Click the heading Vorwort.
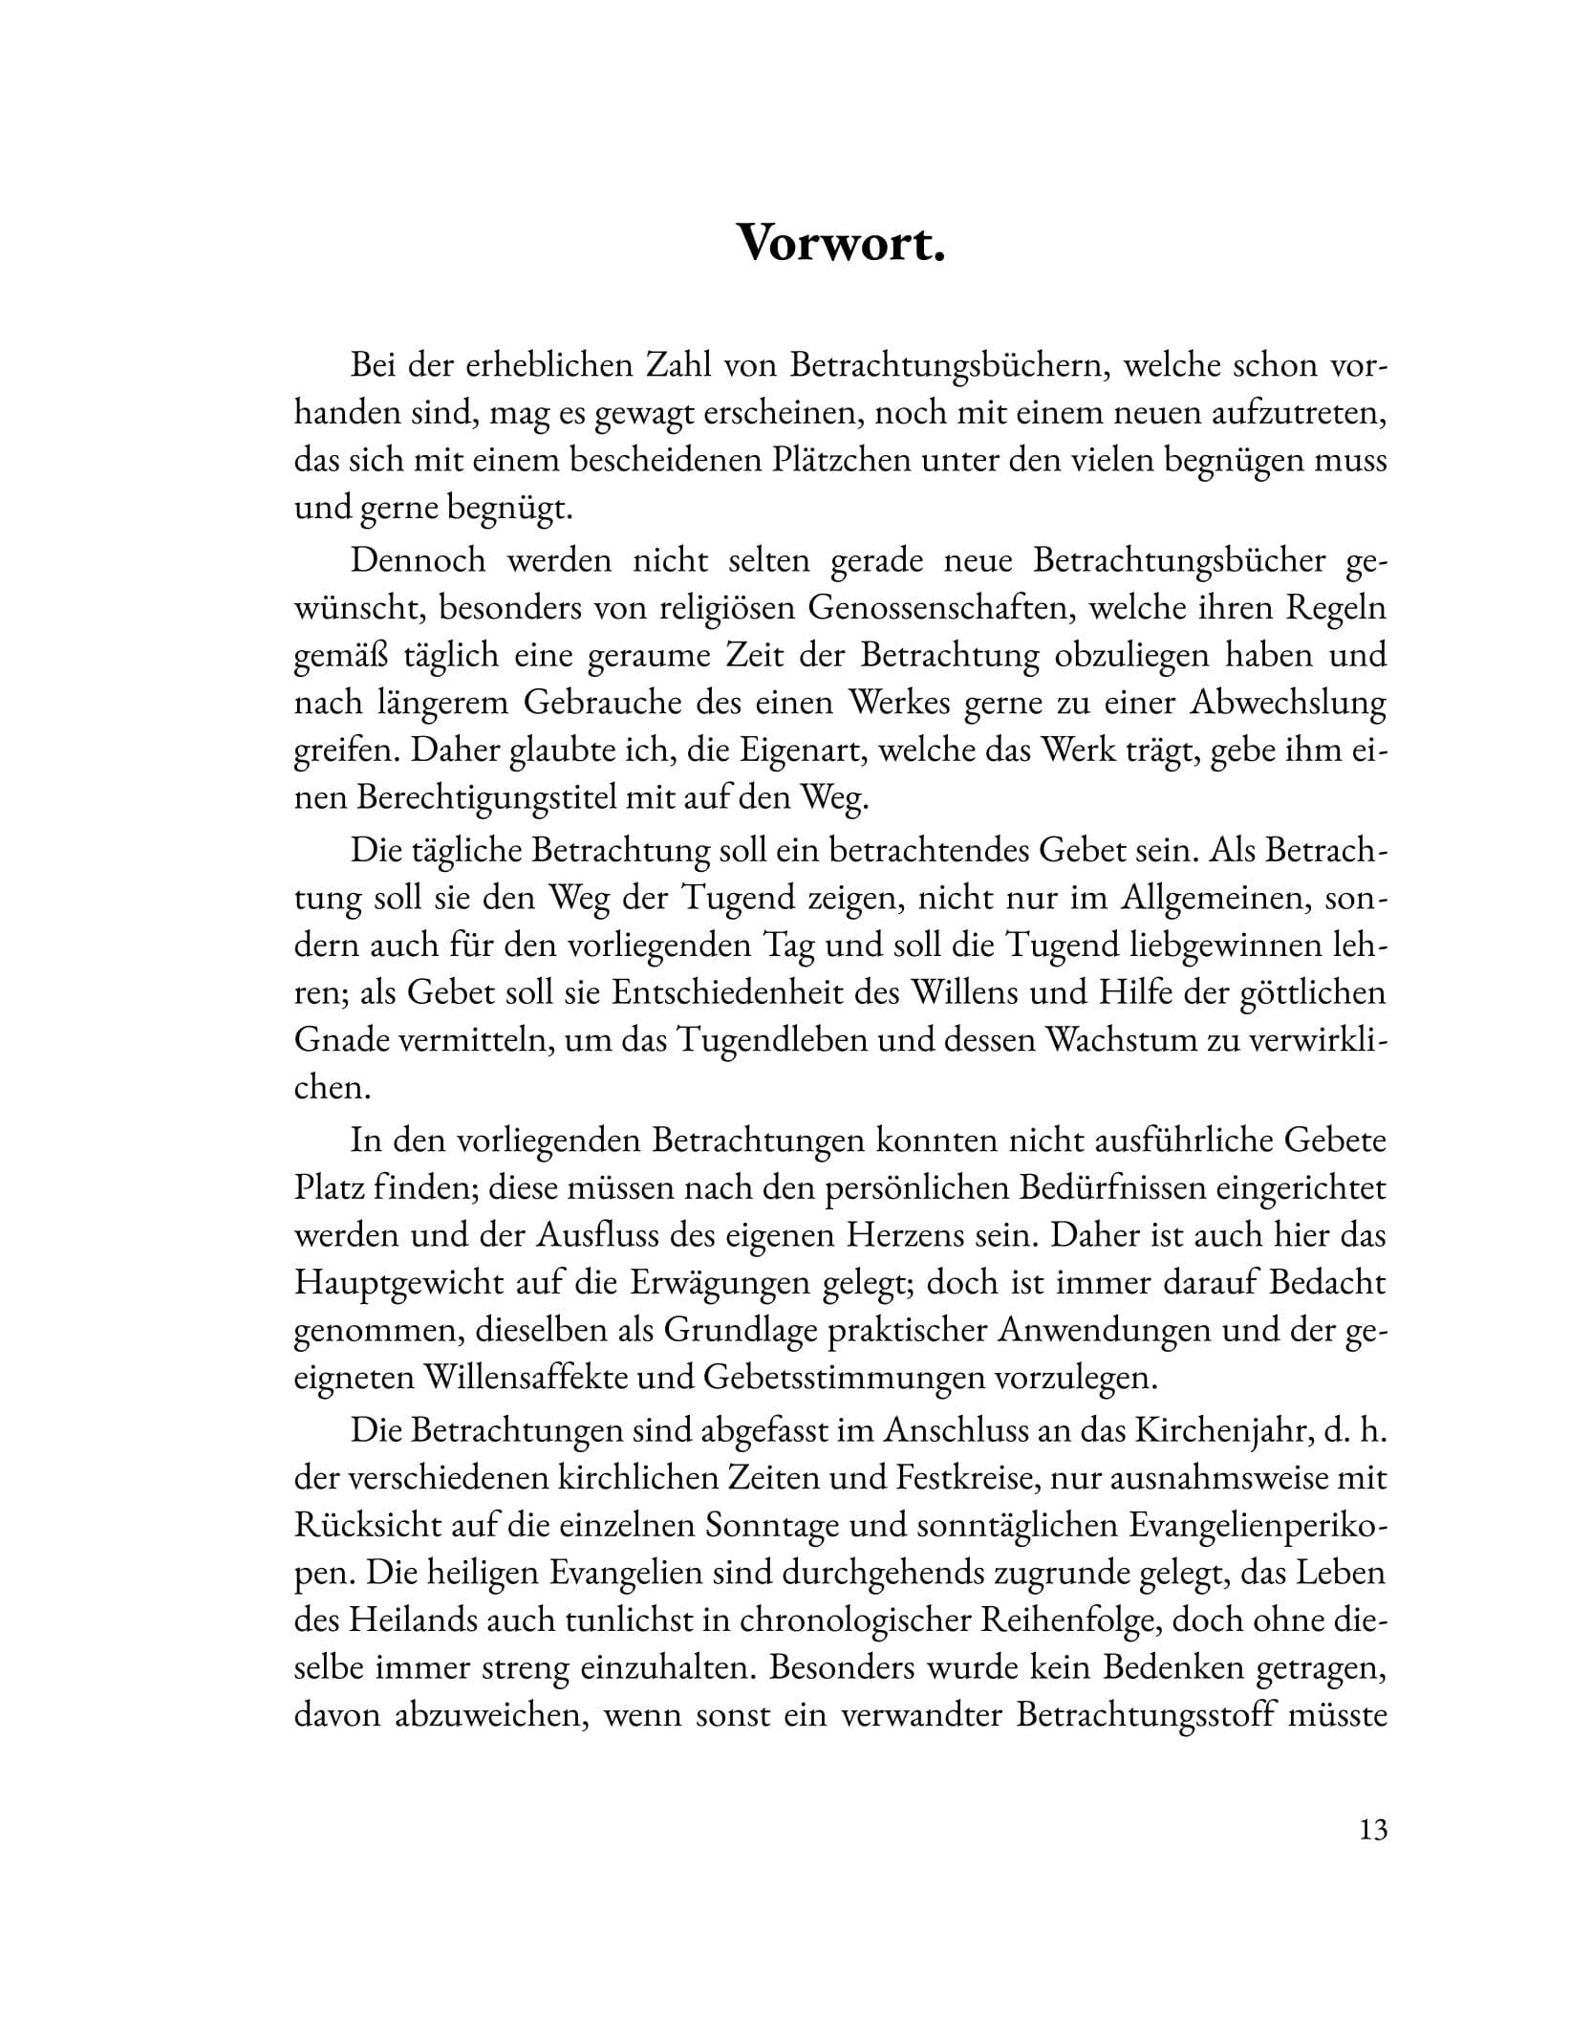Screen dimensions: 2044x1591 (x=842, y=245)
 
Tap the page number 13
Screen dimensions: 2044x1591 (x=1371, y=1830)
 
